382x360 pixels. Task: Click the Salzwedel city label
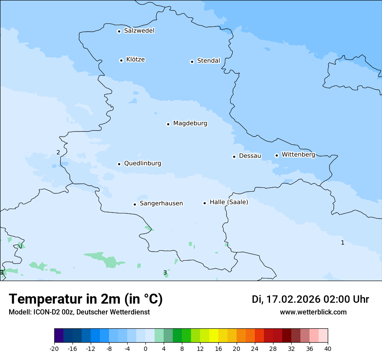click(x=139, y=31)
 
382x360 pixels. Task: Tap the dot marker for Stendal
click(x=192, y=62)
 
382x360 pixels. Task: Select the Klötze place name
click(x=135, y=59)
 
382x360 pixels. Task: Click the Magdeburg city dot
click(x=168, y=124)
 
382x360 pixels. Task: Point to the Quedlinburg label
click(x=142, y=164)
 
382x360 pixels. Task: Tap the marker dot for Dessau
click(x=234, y=157)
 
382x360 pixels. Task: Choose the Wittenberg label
click(x=298, y=154)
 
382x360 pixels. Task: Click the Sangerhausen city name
click(x=161, y=203)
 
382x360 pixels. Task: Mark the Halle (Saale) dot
click(x=204, y=203)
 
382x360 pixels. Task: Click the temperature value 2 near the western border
click(x=58, y=152)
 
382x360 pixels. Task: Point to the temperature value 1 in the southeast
click(x=342, y=242)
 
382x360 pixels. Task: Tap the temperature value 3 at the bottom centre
click(x=165, y=272)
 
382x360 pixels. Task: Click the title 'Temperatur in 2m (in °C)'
click(x=86, y=299)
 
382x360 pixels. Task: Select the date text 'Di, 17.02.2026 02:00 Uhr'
click(x=310, y=299)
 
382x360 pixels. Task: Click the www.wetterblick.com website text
click(x=313, y=312)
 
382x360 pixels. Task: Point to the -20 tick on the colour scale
click(x=54, y=348)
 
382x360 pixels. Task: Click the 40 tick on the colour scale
click(x=328, y=348)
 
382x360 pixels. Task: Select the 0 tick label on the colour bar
click(x=145, y=348)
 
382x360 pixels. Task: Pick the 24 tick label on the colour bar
click(x=255, y=348)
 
